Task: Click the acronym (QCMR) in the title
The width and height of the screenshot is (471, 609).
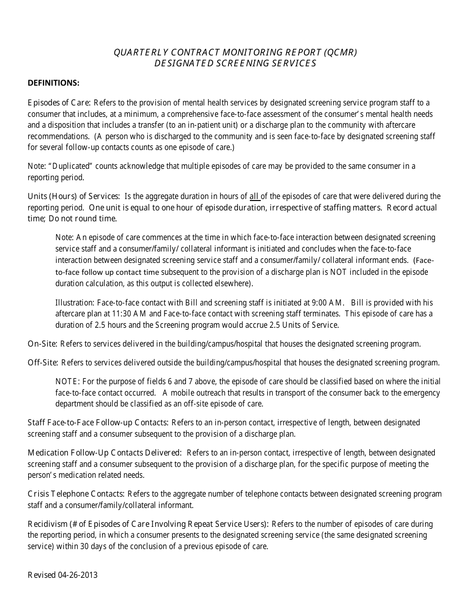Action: pos(340,52)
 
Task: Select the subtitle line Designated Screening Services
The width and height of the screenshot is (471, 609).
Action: pos(235,63)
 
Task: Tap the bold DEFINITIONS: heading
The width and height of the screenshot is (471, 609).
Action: pos(54,83)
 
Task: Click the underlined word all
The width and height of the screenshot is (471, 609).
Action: pos(254,197)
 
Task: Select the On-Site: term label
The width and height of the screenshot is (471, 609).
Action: pos(43,344)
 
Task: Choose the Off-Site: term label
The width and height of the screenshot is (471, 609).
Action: pos(43,362)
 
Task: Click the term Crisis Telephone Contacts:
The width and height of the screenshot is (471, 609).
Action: pos(76,494)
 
